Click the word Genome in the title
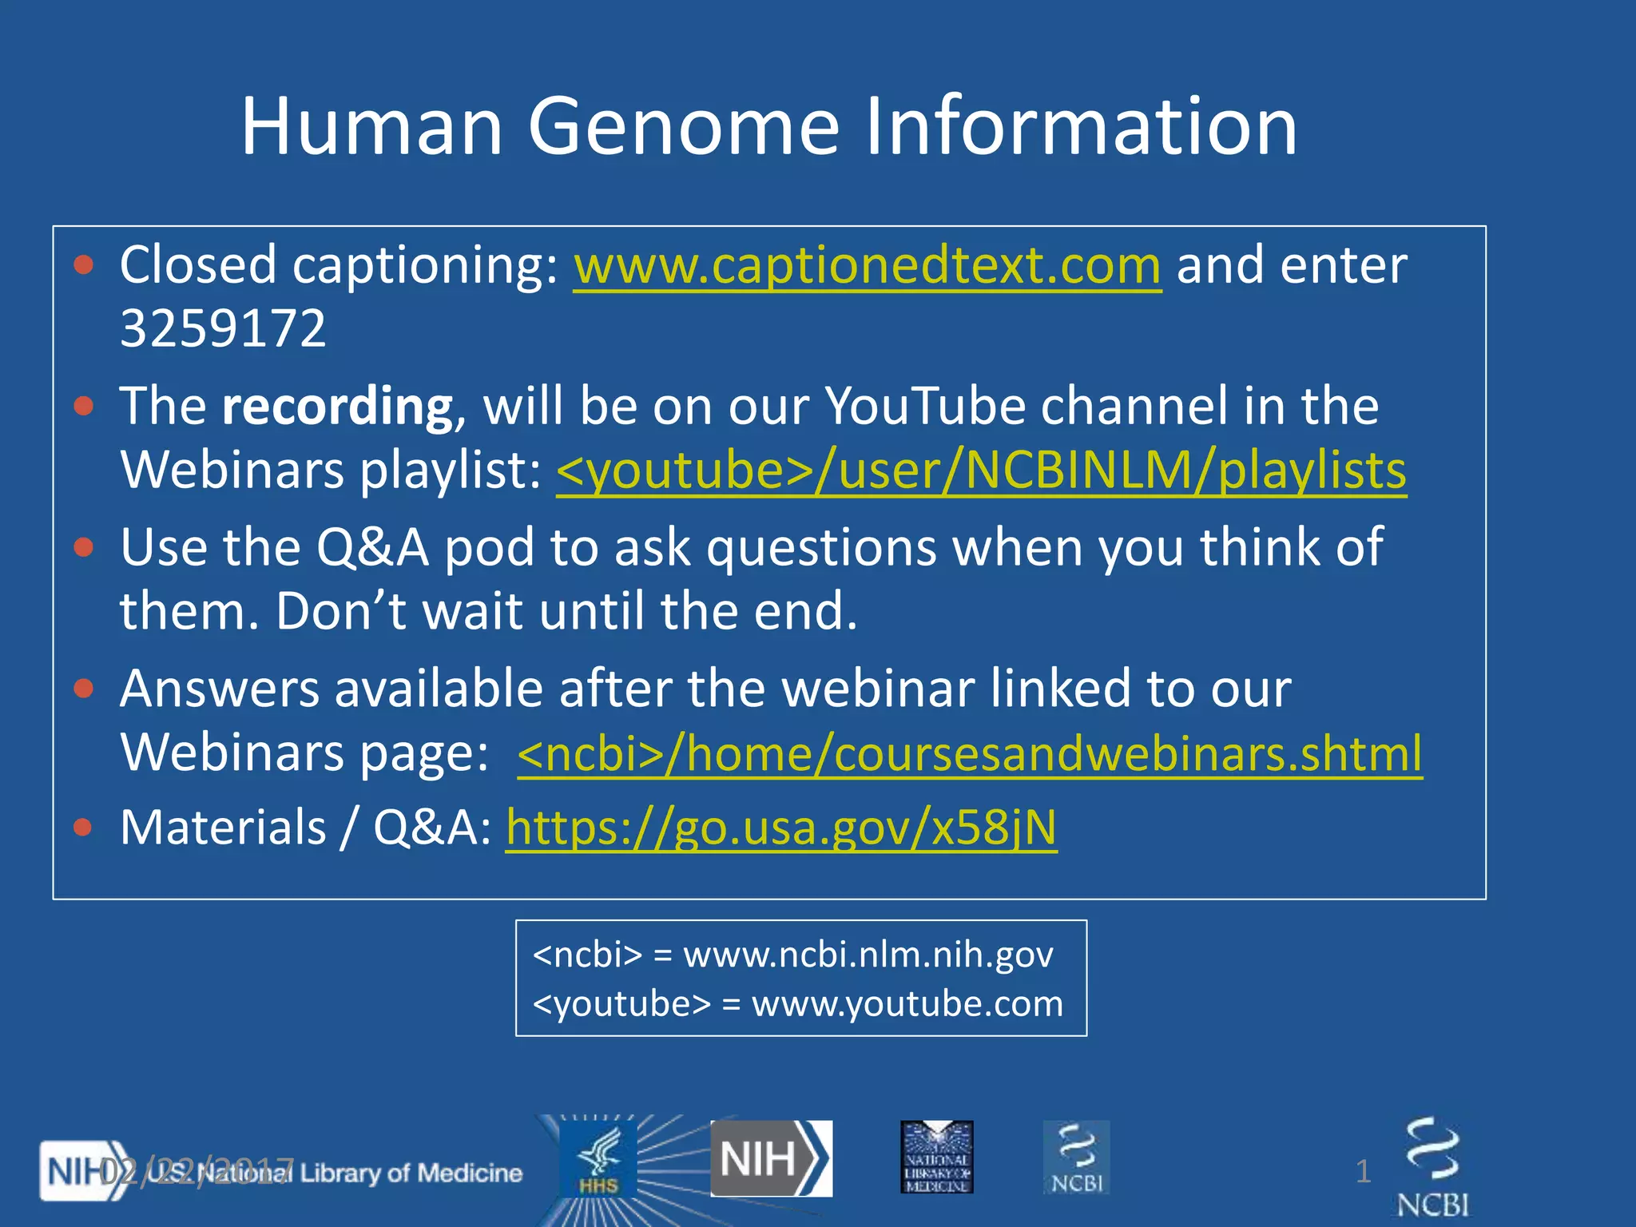click(x=683, y=128)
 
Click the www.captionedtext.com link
click(x=867, y=265)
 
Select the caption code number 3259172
click(x=223, y=328)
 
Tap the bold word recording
click(x=338, y=407)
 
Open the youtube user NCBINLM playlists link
click(x=981, y=471)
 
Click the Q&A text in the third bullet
click(x=372, y=548)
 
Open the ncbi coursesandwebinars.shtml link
click(x=969, y=753)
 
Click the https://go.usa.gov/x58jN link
click(x=781, y=828)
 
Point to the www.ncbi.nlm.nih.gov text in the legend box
click(x=868, y=955)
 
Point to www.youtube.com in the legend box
click(x=907, y=1004)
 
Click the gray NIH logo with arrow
click(x=771, y=1158)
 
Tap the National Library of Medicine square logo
click(x=936, y=1157)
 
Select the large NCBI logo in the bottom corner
click(x=1433, y=1168)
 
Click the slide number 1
click(x=1363, y=1172)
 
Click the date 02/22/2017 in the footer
click(x=196, y=1172)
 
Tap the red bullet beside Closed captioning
click(x=83, y=265)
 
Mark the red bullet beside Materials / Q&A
click(x=83, y=828)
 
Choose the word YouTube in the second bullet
click(x=924, y=407)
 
